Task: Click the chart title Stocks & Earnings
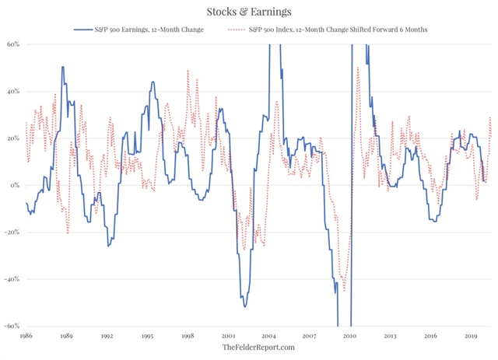(x=248, y=11)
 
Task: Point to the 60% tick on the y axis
(x=15, y=44)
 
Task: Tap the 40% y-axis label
(x=15, y=91)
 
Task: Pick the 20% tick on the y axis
(x=15, y=138)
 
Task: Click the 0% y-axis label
(x=16, y=186)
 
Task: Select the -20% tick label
(x=13, y=232)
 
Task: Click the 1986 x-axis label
(x=26, y=337)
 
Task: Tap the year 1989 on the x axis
(x=67, y=337)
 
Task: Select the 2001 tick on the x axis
(x=229, y=337)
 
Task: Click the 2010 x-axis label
(x=350, y=337)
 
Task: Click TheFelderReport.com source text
(x=248, y=348)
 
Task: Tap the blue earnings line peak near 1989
(x=62, y=67)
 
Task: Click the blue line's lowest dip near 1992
(x=108, y=246)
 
